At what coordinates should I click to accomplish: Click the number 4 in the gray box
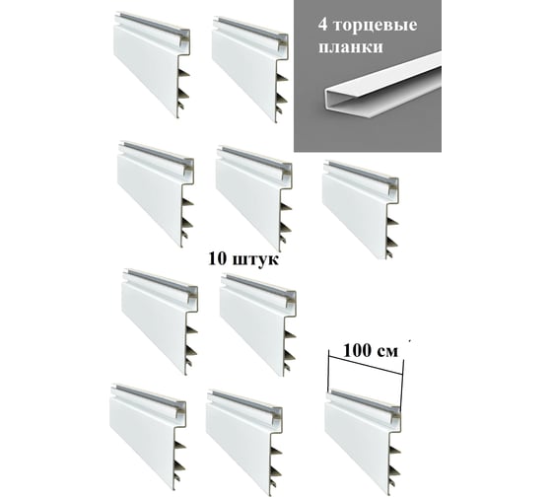[322, 25]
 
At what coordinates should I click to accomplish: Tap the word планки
[351, 47]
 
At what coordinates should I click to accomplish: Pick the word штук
[256, 260]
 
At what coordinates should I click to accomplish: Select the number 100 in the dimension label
[358, 351]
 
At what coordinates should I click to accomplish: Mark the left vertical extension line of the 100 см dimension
[328, 371]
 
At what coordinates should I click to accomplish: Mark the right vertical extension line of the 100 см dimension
[402, 384]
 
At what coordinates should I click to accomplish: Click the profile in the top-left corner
[152, 64]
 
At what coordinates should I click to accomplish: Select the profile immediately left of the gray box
[250, 69]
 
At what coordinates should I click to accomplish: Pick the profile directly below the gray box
[360, 210]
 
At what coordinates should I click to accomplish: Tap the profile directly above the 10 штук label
[254, 198]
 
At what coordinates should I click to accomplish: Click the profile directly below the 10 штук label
[257, 326]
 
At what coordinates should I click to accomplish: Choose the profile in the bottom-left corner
[148, 437]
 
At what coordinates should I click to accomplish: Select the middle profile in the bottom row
[244, 443]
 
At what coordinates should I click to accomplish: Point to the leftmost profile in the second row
[156, 194]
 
